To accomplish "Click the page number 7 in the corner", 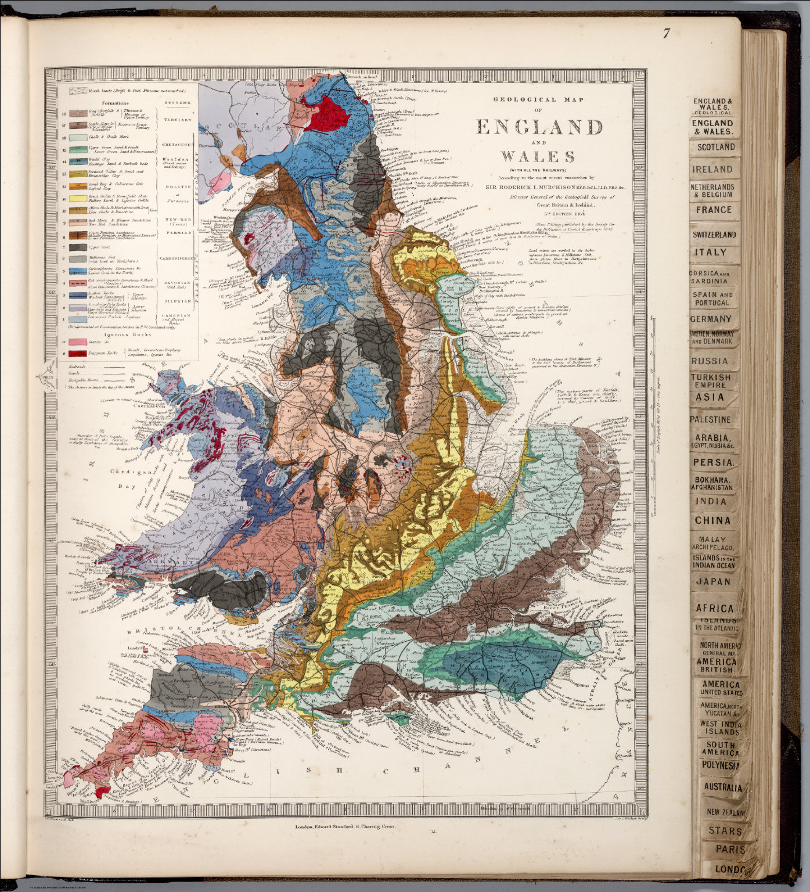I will pos(667,34).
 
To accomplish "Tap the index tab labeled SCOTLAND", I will pos(715,148).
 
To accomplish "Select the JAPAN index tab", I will pos(713,581).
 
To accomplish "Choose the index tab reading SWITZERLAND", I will pos(714,235).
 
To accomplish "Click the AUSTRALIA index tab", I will pos(722,788).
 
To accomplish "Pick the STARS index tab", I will pos(725,831).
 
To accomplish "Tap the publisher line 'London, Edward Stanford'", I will pos(335,823).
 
